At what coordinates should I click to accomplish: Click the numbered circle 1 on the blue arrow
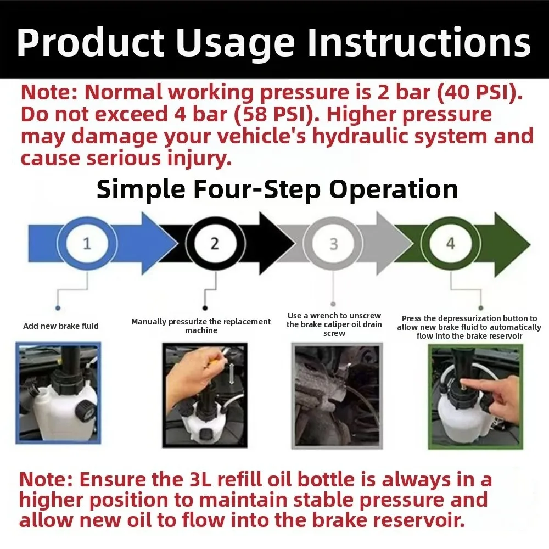87,243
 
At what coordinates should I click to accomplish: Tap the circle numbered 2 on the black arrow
214,243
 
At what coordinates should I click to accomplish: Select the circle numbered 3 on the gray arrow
333,243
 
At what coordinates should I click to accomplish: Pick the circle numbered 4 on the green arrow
450,243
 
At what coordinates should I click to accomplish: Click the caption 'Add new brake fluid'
61,326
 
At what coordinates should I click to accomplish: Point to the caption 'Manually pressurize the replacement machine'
201,326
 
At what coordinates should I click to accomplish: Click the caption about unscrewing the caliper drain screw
334,324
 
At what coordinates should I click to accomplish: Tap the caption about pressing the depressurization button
469,327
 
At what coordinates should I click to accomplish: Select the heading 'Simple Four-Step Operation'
277,190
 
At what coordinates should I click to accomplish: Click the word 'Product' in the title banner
91,42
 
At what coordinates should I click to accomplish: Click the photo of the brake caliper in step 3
336,395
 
